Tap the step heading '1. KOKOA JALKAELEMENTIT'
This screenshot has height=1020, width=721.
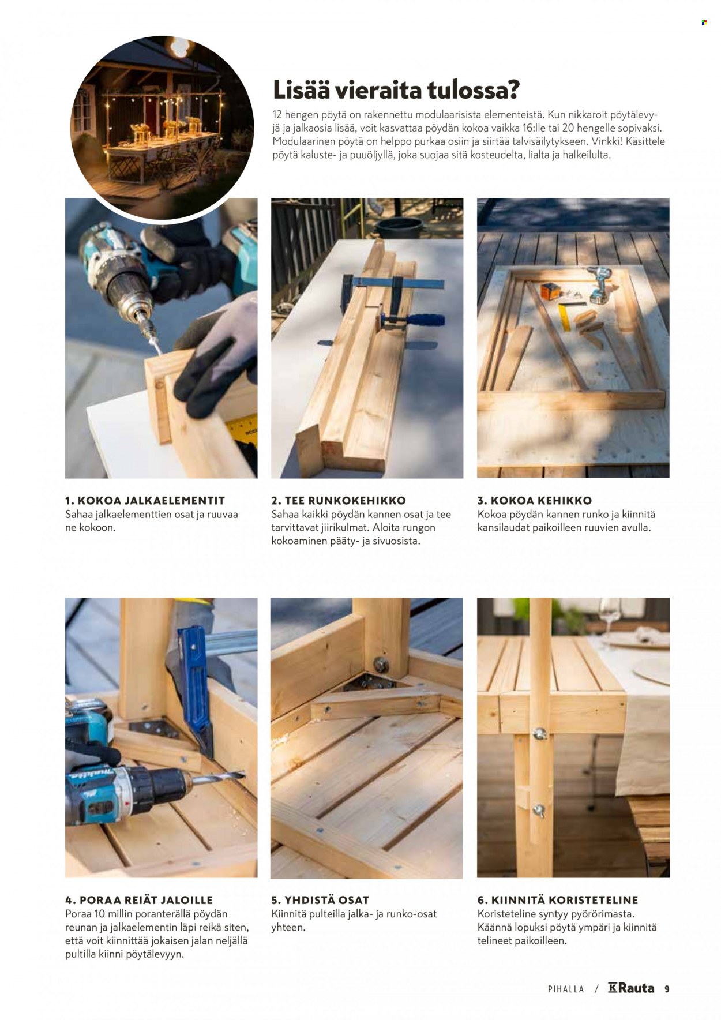145,500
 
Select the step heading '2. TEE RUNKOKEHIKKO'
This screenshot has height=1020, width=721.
339,500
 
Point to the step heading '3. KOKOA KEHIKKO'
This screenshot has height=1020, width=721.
535,500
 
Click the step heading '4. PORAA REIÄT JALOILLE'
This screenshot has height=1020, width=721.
139,899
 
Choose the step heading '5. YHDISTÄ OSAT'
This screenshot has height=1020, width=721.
320,899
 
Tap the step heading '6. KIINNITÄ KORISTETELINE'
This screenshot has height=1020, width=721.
558,899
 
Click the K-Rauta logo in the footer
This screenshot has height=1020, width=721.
631,988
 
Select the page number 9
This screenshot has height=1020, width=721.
667,989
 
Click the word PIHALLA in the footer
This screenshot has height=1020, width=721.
566,989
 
